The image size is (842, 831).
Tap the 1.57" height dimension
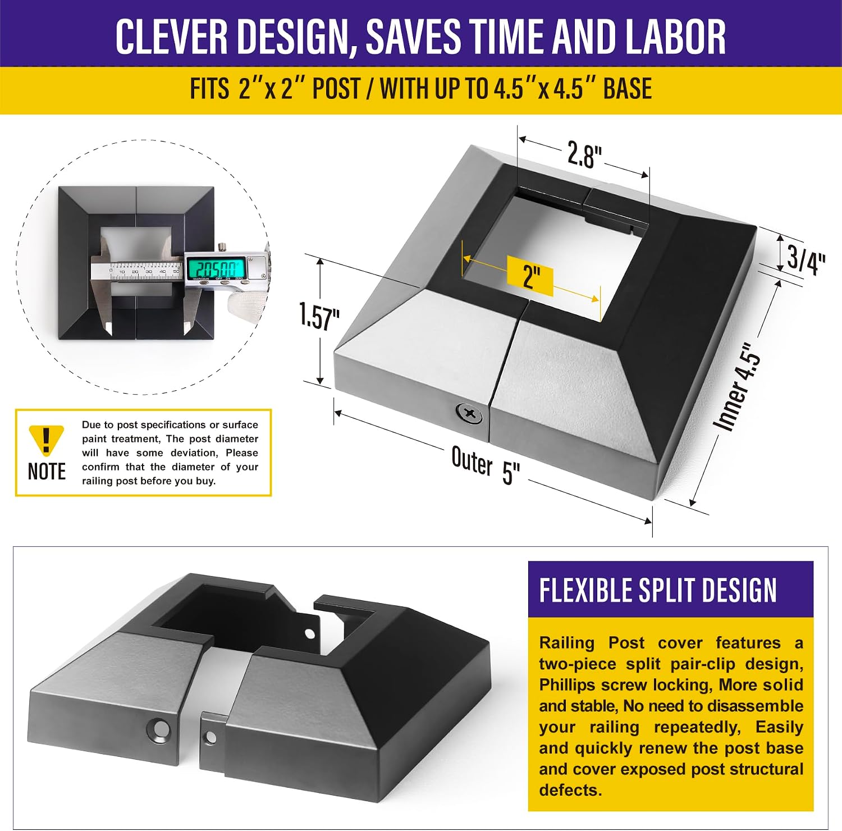click(x=319, y=316)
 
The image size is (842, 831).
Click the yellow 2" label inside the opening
click(x=530, y=276)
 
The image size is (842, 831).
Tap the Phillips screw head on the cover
click(x=469, y=415)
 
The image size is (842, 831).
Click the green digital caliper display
click(x=216, y=268)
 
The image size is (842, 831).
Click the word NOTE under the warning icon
click(x=47, y=472)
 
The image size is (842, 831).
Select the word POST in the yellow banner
click(x=336, y=89)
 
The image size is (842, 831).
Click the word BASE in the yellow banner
click(x=628, y=89)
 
